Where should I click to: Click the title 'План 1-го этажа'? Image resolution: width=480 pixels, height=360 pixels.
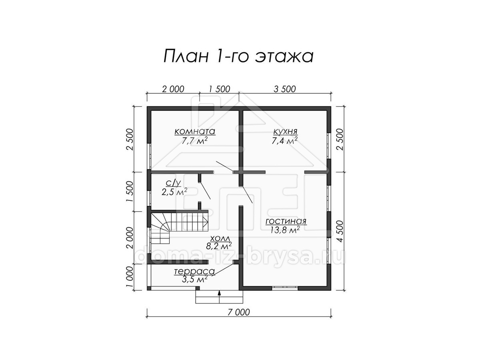click(238, 56)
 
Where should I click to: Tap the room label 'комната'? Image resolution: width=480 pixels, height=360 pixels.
click(195, 132)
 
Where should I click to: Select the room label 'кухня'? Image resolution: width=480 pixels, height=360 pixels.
click(285, 132)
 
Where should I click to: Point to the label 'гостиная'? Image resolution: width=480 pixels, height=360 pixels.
click(286, 222)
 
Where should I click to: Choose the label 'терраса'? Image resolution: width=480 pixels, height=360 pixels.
click(194, 272)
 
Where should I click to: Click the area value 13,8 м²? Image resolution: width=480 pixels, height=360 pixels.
click(285, 230)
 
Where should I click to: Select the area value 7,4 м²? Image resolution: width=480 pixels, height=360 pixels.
click(284, 141)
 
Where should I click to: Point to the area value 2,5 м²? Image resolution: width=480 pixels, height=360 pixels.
click(174, 192)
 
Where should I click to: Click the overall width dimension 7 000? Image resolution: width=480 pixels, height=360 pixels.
click(238, 312)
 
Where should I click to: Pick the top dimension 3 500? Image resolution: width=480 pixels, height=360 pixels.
click(285, 89)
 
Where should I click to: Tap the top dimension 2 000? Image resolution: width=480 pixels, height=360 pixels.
click(173, 89)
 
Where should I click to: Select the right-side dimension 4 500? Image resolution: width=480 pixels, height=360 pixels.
click(340, 231)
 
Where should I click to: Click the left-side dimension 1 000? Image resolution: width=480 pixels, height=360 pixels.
click(130, 277)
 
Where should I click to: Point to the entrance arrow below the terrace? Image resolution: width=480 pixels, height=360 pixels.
click(219, 297)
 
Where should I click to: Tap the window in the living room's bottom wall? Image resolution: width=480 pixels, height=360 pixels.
click(285, 288)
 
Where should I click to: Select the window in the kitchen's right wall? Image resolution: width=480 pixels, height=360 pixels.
click(329, 145)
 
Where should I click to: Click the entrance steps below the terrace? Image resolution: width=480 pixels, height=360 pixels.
click(219, 297)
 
